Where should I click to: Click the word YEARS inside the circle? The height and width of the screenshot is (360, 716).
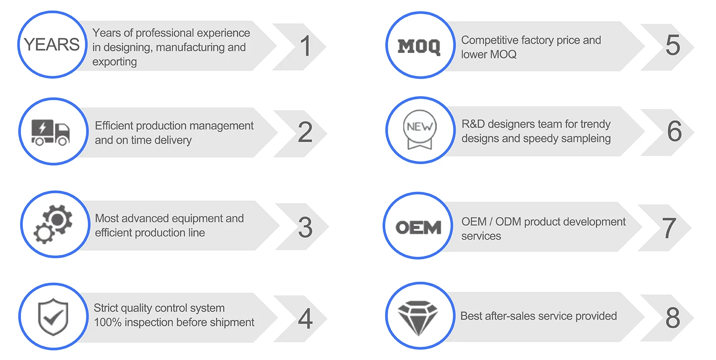[x=52, y=44]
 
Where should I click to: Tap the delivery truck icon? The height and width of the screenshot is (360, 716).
[x=50, y=132]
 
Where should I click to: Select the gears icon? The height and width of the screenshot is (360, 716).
[x=53, y=225]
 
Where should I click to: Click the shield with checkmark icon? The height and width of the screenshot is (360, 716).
[x=53, y=317]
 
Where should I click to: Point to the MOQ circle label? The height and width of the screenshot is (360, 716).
[x=419, y=47]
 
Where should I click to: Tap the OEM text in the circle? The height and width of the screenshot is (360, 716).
[x=418, y=227]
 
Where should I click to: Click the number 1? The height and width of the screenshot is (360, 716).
[x=305, y=46]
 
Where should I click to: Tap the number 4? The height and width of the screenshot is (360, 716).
[x=305, y=318]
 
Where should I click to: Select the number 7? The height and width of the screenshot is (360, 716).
[x=669, y=228]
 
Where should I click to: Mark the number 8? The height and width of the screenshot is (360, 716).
[x=673, y=318]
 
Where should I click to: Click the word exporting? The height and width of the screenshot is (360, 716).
[x=115, y=62]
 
